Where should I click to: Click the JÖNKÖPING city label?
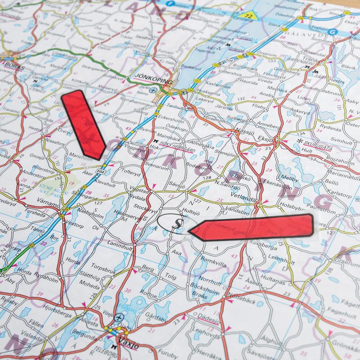(153, 75)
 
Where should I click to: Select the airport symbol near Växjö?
(119, 318)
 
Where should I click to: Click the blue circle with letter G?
(333, 32)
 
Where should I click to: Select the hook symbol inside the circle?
(176, 222)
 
